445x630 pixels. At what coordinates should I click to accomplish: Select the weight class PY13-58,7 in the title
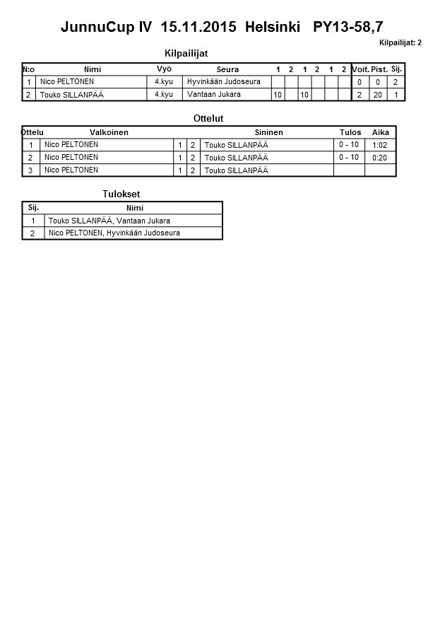click(348, 27)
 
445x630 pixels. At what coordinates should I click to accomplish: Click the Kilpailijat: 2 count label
click(400, 42)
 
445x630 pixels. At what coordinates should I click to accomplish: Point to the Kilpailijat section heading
click(186, 53)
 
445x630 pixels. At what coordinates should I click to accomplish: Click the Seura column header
click(227, 69)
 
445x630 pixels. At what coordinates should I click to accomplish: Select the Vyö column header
click(164, 69)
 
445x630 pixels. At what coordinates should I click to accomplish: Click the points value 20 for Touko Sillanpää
click(378, 95)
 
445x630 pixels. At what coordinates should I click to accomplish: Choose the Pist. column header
click(379, 69)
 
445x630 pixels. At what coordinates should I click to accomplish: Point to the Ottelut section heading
click(208, 118)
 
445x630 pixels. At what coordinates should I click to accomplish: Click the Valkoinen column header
click(109, 132)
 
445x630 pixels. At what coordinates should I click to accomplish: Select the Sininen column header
click(268, 132)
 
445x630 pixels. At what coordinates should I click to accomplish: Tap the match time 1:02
click(379, 145)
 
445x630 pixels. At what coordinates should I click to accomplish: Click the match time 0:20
click(379, 158)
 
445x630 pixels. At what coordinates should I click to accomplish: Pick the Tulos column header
click(350, 132)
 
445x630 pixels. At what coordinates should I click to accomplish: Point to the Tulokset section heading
click(121, 194)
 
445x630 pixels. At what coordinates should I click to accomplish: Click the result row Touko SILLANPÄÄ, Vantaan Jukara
click(109, 221)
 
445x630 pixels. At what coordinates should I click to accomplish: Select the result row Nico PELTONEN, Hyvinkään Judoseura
click(114, 233)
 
